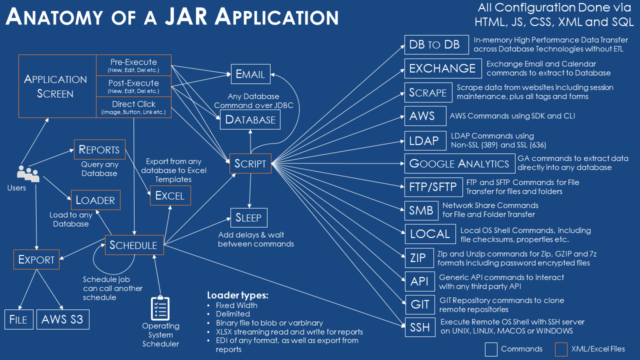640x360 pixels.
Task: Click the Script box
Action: point(250,163)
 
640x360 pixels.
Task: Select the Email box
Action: point(250,74)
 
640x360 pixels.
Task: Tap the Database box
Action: point(250,119)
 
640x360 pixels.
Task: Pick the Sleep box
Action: point(248,217)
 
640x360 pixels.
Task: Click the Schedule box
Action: point(133,245)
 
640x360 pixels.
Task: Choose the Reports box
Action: point(99,149)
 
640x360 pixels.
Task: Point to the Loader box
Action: point(95,200)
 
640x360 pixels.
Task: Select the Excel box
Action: point(170,195)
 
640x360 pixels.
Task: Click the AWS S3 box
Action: point(62,319)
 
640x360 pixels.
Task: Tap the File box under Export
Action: point(18,319)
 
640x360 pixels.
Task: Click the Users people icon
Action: point(28,173)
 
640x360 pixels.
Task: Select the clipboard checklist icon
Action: point(160,308)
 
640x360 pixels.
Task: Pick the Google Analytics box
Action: point(459,163)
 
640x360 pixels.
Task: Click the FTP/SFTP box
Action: point(433,187)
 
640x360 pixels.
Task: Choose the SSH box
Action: point(419,327)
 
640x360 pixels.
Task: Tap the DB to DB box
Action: point(436,44)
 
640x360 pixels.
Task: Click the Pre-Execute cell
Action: point(133,65)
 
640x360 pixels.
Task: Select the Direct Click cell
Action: point(133,107)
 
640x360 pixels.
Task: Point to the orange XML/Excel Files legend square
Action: point(561,348)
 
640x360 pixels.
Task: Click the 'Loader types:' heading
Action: point(237,294)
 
